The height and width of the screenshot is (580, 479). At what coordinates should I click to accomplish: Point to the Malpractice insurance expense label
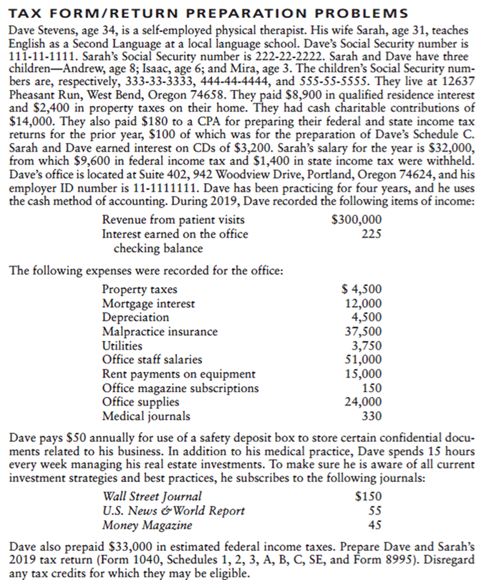point(160,331)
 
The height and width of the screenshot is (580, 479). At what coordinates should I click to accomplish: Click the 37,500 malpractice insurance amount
point(363,331)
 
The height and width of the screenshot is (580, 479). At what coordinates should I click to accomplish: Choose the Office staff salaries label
point(153,360)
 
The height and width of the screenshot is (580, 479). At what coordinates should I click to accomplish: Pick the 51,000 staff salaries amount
point(363,360)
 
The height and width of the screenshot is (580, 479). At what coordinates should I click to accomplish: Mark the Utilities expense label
point(122,345)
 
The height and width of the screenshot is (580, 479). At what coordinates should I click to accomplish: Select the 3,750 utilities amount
point(366,345)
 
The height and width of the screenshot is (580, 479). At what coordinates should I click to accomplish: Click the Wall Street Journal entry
point(153,496)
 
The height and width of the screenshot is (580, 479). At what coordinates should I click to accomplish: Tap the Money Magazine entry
point(147,525)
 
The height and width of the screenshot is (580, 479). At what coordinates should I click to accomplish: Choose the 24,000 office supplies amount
point(363,402)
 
